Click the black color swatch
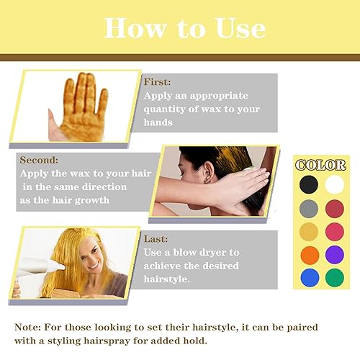pyautogui.click(x=309, y=185)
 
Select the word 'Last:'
pyautogui.click(x=156, y=239)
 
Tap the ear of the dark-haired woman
pyautogui.click(x=204, y=174)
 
